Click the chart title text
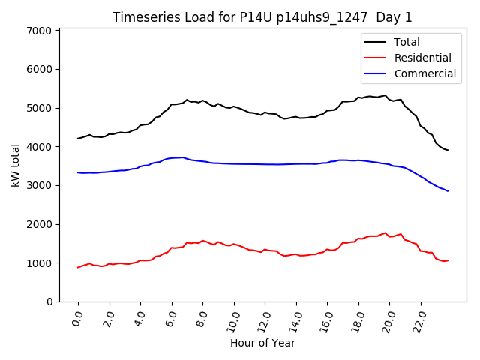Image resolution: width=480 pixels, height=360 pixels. (262, 17)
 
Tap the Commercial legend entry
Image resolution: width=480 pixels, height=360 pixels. (424, 73)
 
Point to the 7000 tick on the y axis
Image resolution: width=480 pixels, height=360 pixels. (39, 31)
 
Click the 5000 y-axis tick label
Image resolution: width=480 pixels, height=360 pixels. (39, 108)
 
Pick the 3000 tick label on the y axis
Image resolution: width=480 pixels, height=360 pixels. (39, 185)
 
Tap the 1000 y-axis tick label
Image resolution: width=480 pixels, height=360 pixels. (39, 262)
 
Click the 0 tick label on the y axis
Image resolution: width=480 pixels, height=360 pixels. (49, 301)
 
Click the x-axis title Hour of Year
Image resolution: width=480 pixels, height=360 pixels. (262, 343)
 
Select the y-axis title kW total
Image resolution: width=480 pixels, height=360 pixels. (15, 165)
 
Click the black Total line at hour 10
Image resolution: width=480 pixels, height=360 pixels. (234, 106)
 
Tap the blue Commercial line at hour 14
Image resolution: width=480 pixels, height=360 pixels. (296, 163)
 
